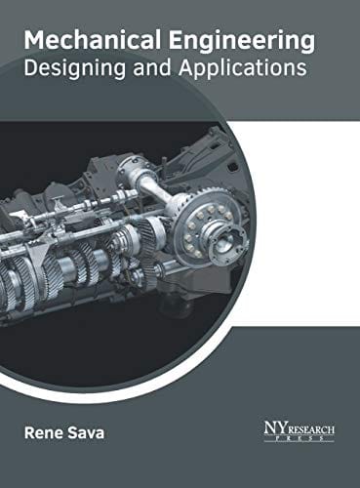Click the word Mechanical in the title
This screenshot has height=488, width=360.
click(x=93, y=39)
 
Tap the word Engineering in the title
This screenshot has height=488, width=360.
click(x=242, y=42)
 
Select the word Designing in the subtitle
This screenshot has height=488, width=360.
click(x=75, y=69)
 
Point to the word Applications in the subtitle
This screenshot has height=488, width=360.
click(x=243, y=69)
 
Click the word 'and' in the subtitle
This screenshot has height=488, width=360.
click(x=152, y=67)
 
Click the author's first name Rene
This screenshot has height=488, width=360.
click(x=43, y=433)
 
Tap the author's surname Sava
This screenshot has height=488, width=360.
click(x=85, y=433)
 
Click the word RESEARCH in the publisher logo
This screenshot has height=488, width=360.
click(x=310, y=429)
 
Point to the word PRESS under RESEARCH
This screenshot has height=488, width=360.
click(x=300, y=438)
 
